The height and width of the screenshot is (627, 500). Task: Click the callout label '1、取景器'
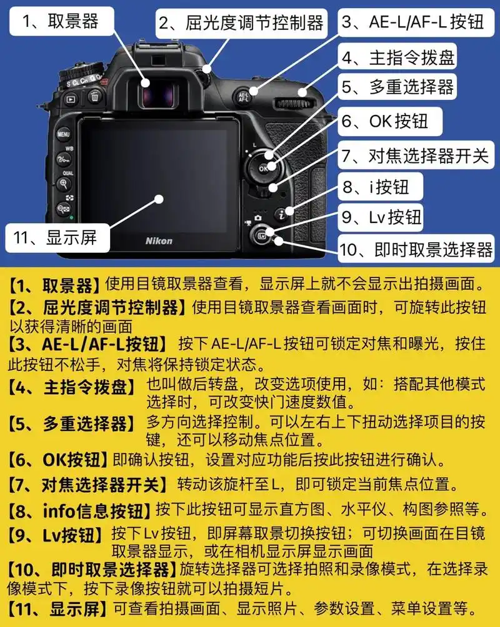click(61, 22)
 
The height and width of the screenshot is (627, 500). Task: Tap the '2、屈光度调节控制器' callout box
click(241, 23)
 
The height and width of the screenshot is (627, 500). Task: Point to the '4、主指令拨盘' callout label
click(397, 57)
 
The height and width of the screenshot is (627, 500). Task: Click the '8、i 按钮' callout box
click(374, 185)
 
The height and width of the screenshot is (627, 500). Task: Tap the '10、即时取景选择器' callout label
click(416, 250)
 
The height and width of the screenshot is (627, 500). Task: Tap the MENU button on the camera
click(64, 134)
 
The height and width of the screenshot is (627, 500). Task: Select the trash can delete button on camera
click(94, 96)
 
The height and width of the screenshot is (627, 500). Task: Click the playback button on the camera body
click(71, 98)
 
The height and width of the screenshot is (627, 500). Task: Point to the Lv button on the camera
click(261, 235)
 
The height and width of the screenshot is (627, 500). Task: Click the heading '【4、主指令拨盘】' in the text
click(72, 387)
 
